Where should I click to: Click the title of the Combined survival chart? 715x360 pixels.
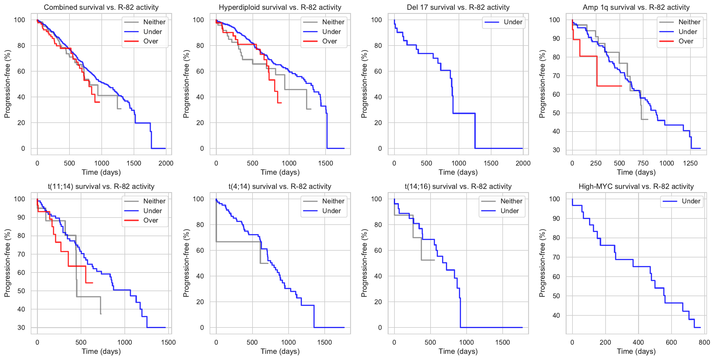[x=101, y=7]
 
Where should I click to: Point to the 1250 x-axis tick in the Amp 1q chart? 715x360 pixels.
[x=690, y=163]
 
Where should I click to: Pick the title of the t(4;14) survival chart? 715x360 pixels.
[x=280, y=187]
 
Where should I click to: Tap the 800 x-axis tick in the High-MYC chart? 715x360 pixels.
[x=704, y=343]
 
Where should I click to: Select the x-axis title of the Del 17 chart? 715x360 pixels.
[x=458, y=172]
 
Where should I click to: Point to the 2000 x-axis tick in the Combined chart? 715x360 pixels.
[x=166, y=163]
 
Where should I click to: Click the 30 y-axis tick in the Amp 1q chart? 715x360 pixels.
[x=556, y=150]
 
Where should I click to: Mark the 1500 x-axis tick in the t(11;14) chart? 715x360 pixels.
[x=168, y=343]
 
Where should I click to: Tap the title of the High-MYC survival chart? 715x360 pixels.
[x=636, y=187]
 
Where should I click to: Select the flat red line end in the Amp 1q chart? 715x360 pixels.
[x=622, y=86]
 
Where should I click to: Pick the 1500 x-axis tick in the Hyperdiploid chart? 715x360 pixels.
[x=326, y=163]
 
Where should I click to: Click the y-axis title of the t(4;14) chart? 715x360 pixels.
[x=186, y=263]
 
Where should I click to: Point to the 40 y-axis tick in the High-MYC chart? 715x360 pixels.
[x=556, y=316]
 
